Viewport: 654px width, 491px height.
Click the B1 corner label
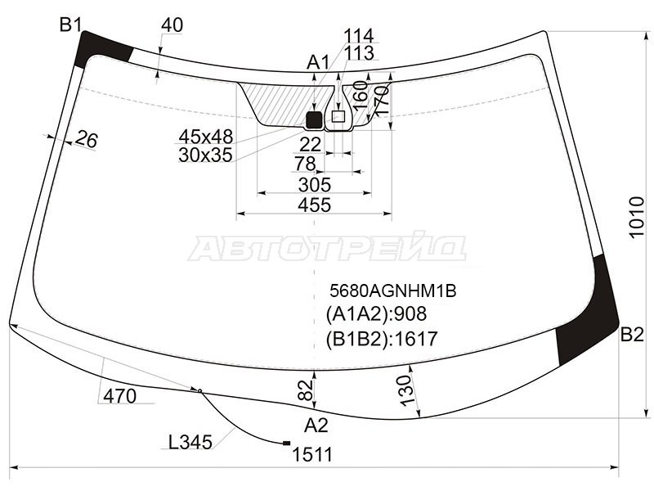click(x=70, y=25)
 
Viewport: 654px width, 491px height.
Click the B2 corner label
click(x=632, y=334)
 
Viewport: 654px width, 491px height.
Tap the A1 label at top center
click(x=318, y=62)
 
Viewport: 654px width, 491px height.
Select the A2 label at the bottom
click(x=316, y=425)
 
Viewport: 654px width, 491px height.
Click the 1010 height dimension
click(x=637, y=217)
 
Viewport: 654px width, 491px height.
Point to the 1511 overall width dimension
click(x=314, y=455)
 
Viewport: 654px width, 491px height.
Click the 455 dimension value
click(x=314, y=205)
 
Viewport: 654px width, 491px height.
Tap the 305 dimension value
click(x=314, y=183)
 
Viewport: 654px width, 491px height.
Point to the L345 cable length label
click(x=190, y=443)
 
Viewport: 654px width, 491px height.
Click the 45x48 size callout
click(x=205, y=136)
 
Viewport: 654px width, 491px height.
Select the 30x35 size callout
click(x=205, y=154)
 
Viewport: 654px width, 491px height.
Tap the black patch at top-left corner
click(x=100, y=49)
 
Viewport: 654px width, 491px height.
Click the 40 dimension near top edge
click(x=172, y=25)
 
